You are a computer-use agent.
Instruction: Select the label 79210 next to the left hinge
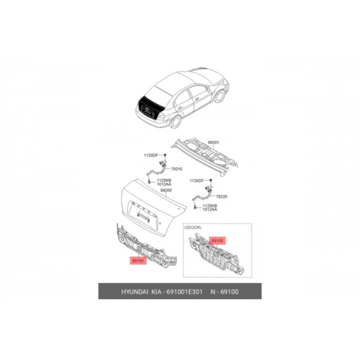177,168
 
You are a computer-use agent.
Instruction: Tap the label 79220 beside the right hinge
222,196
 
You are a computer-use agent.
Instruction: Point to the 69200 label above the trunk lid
166,190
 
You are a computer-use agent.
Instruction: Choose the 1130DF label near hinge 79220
196,181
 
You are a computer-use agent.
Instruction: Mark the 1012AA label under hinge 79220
210,210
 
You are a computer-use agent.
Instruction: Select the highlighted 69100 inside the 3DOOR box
218,240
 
